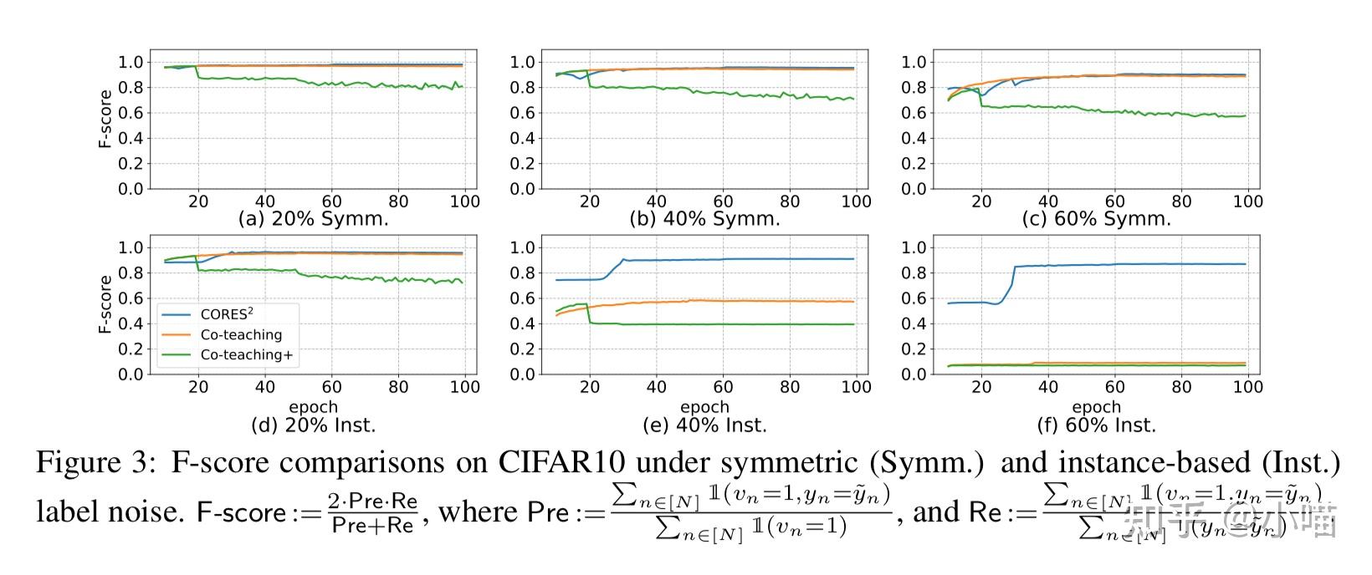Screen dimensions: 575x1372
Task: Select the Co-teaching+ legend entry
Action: click(x=247, y=354)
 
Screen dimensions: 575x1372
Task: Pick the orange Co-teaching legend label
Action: click(x=241, y=334)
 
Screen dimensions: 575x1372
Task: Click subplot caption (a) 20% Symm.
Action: click(x=314, y=219)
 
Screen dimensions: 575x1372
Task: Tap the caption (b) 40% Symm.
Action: click(x=704, y=219)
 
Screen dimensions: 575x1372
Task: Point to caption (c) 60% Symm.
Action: click(x=1096, y=219)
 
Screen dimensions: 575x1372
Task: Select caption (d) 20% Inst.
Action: click(x=314, y=425)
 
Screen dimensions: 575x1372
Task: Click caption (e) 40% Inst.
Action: click(x=704, y=425)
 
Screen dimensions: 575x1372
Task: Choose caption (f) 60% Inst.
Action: click(x=1096, y=425)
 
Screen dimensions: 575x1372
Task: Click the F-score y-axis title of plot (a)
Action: click(x=105, y=119)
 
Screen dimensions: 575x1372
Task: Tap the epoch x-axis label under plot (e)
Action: click(x=704, y=407)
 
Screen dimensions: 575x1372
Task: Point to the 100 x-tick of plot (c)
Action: click(x=1247, y=201)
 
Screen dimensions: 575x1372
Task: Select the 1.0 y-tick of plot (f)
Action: click(x=914, y=247)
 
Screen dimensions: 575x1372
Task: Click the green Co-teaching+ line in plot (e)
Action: click(x=719, y=324)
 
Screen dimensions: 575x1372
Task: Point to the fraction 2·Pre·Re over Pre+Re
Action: click(x=372, y=512)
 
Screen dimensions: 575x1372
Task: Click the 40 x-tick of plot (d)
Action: click(x=265, y=387)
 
